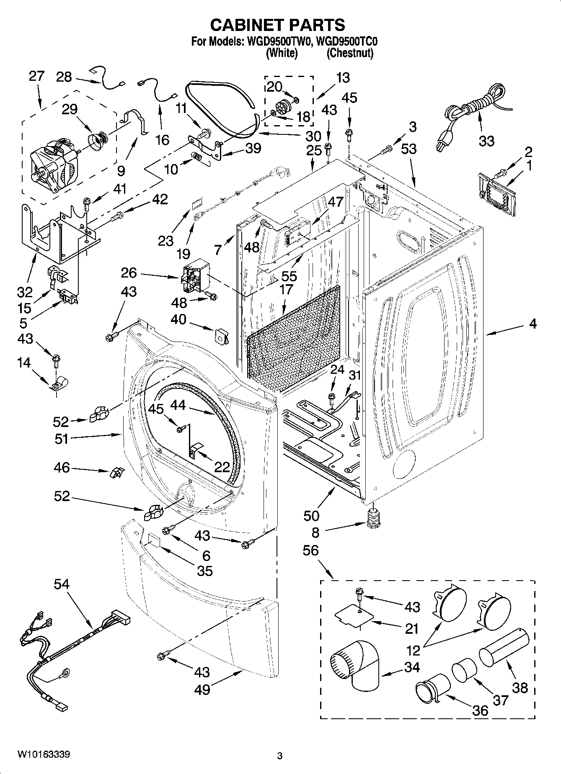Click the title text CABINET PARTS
277,25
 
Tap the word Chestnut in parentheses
350,53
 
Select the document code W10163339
44,755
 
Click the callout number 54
62,584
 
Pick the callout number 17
286,289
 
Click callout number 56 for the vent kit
311,551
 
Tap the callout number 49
202,689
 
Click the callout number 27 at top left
36,76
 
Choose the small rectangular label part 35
153,540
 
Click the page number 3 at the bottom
280,756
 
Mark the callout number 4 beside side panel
533,324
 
